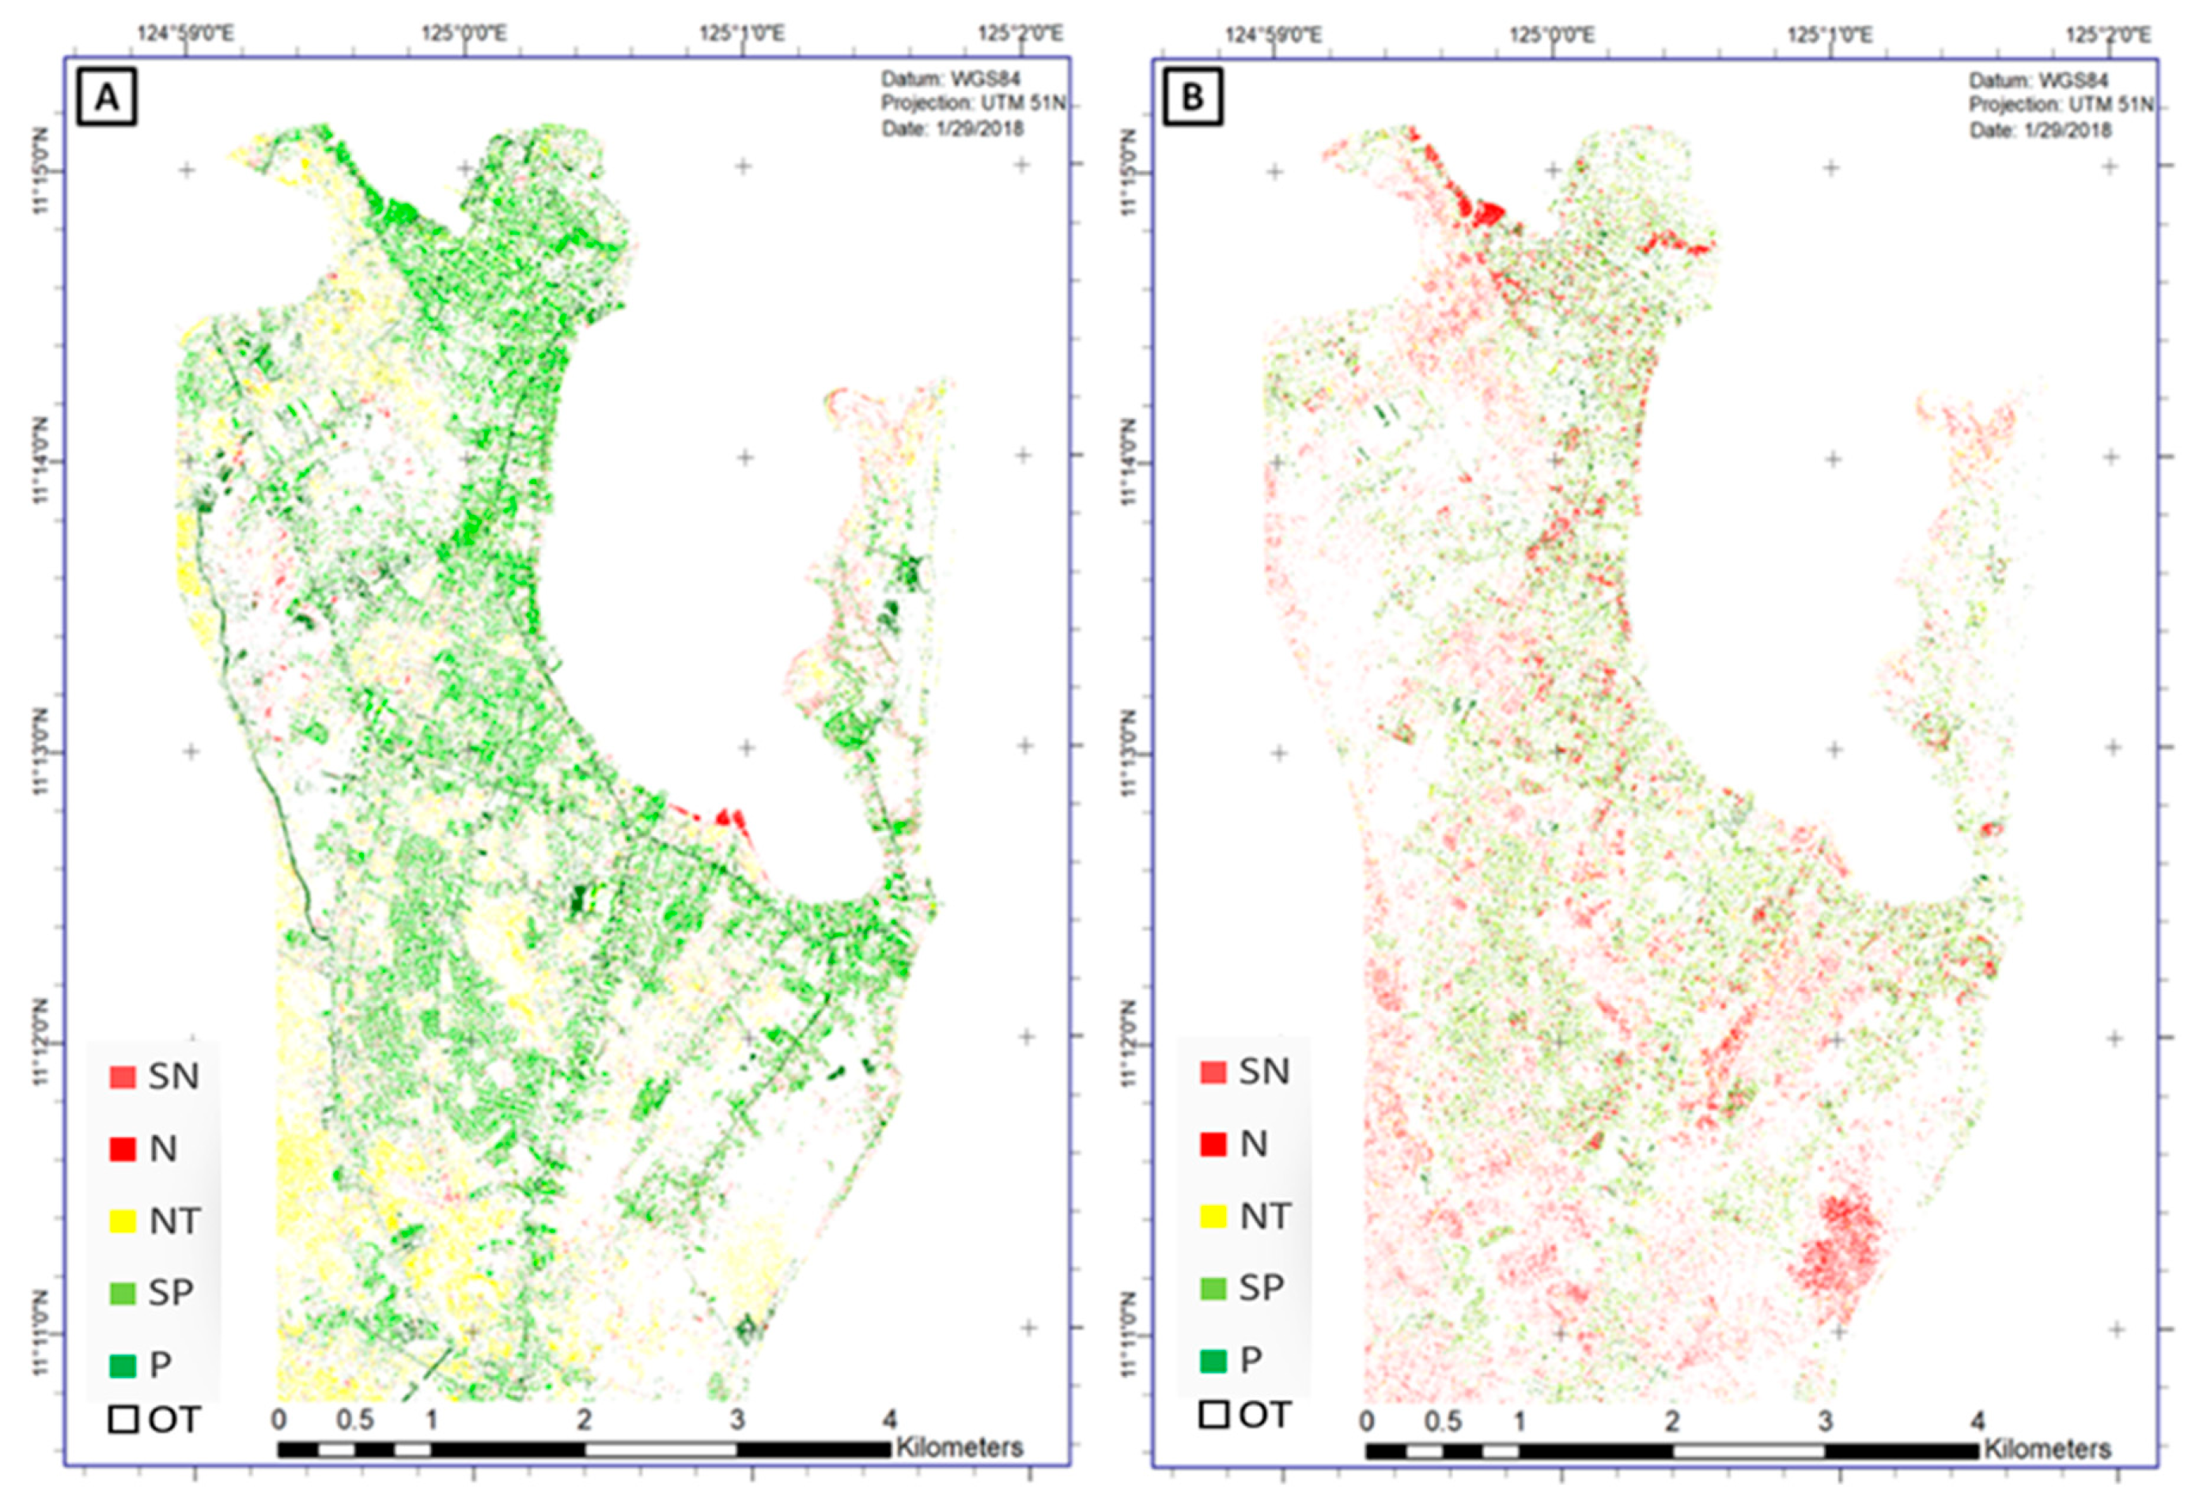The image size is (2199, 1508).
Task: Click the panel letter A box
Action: (x=107, y=96)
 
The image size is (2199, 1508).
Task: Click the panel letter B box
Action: (x=1193, y=96)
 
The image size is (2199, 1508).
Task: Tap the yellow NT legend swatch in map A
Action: (x=123, y=1220)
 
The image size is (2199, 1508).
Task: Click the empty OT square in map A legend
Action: (x=123, y=1420)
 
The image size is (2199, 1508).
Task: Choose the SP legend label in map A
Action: (x=172, y=1292)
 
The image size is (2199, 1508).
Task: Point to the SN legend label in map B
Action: (x=1263, y=1071)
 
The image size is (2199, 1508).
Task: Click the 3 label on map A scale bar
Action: (x=737, y=1420)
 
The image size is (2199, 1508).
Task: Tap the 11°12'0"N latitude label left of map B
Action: (x=1126, y=1041)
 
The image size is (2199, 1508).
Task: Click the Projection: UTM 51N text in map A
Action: (x=973, y=103)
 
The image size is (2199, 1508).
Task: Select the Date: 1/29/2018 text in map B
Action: (x=2039, y=130)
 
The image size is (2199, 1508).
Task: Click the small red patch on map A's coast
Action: (x=727, y=818)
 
